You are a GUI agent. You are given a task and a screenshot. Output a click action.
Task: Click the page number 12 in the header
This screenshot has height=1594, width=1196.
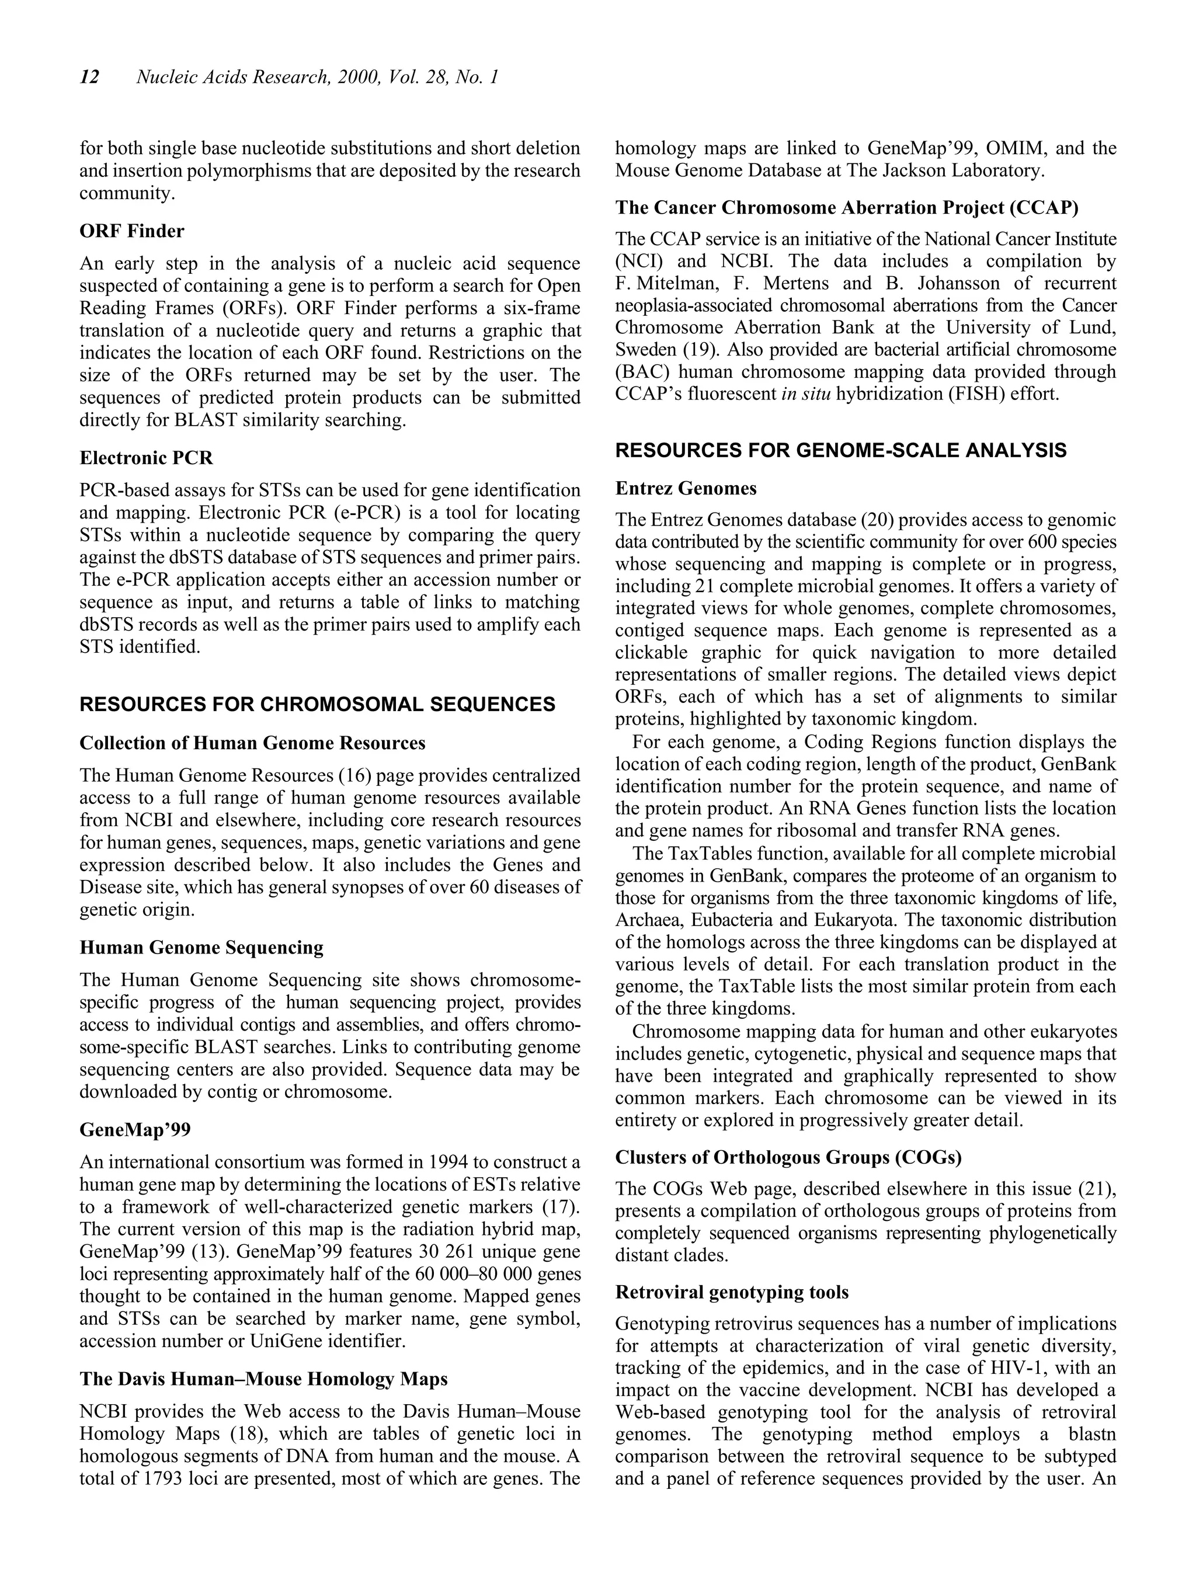click(89, 77)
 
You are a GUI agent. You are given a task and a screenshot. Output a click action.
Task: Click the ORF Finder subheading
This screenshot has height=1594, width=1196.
click(132, 231)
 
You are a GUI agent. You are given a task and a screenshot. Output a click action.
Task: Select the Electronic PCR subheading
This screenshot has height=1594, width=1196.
click(147, 458)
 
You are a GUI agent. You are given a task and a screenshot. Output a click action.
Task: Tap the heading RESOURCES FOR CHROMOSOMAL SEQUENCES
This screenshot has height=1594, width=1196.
click(317, 705)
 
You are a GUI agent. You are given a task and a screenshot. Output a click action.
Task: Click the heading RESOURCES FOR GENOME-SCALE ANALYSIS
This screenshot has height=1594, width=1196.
click(840, 451)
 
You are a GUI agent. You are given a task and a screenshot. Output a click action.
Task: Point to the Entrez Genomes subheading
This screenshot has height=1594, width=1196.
click(686, 489)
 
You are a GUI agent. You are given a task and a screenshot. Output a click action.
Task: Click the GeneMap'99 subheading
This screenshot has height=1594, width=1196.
click(135, 1130)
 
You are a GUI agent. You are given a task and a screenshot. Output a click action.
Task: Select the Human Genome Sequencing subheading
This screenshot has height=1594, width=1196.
click(201, 948)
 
